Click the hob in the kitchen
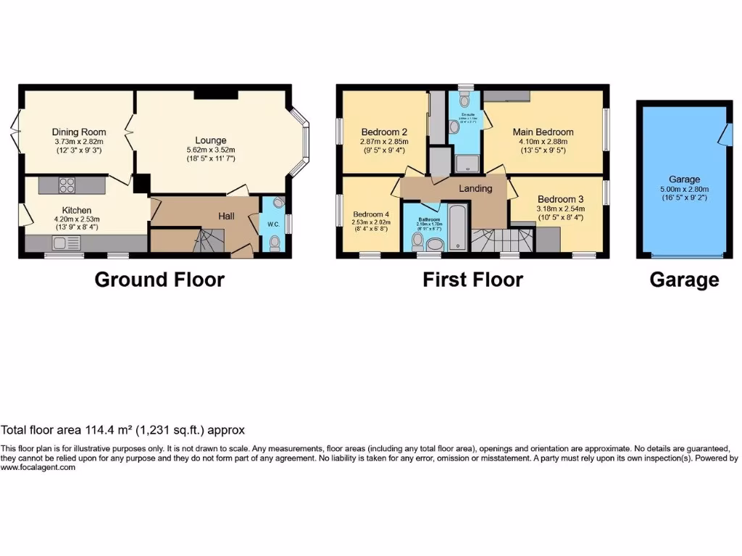tap(66, 185)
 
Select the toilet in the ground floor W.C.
tap(273, 245)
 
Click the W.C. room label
tap(273, 224)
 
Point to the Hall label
tap(228, 216)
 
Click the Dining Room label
tap(78, 132)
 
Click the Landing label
tap(475, 188)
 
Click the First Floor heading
tap(472, 279)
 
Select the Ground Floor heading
tap(159, 279)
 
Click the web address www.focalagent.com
tap(38, 468)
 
